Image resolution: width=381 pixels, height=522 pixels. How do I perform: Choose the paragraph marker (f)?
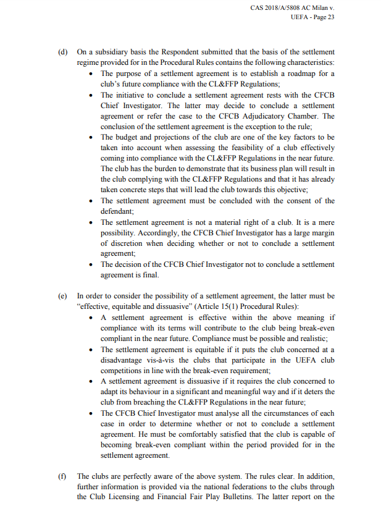[62, 476]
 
